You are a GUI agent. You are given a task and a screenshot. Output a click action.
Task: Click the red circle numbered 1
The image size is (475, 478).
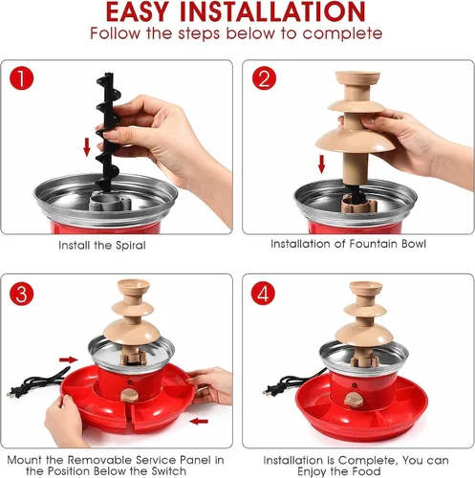pyautogui.click(x=22, y=77)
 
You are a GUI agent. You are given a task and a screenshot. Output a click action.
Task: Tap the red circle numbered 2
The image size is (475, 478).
pyautogui.click(x=264, y=77)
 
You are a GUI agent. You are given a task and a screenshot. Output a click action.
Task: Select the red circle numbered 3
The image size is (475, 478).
pyautogui.click(x=22, y=293)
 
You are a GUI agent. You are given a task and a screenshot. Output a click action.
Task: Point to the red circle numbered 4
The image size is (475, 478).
pyautogui.click(x=263, y=293)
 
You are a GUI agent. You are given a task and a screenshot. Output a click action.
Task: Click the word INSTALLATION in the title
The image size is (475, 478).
pyautogui.click(x=272, y=12)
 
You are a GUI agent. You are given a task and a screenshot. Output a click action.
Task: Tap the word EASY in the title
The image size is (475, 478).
pyautogui.click(x=137, y=12)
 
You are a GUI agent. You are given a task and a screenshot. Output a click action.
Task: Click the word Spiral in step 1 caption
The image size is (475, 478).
pyautogui.click(x=131, y=246)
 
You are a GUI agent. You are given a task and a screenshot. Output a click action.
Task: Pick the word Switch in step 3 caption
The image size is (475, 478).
pyautogui.click(x=169, y=471)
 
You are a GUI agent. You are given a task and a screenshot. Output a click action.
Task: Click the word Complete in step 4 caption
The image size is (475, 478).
pyautogui.click(x=366, y=460)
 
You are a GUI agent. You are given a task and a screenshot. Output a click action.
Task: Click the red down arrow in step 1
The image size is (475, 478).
pyautogui.click(x=87, y=147)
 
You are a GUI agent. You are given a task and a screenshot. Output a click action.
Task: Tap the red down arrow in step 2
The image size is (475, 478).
pyautogui.click(x=322, y=164)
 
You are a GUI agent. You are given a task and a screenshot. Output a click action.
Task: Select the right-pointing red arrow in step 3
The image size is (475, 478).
pyautogui.click(x=69, y=359)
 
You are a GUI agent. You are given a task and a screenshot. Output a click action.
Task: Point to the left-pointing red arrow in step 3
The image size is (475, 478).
pyautogui.click(x=199, y=422)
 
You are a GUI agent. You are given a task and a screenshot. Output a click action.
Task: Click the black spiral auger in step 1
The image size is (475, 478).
pyautogui.click(x=108, y=132)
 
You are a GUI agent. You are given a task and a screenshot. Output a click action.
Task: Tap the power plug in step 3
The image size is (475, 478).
pyautogui.click(x=13, y=392)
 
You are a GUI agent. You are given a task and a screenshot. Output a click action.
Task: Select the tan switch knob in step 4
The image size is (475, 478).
pyautogui.click(x=354, y=400)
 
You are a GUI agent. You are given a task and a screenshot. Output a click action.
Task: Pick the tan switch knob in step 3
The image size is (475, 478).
pyautogui.click(x=130, y=395)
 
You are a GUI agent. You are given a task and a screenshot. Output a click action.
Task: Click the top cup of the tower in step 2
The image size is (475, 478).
pyautogui.click(x=357, y=77)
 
